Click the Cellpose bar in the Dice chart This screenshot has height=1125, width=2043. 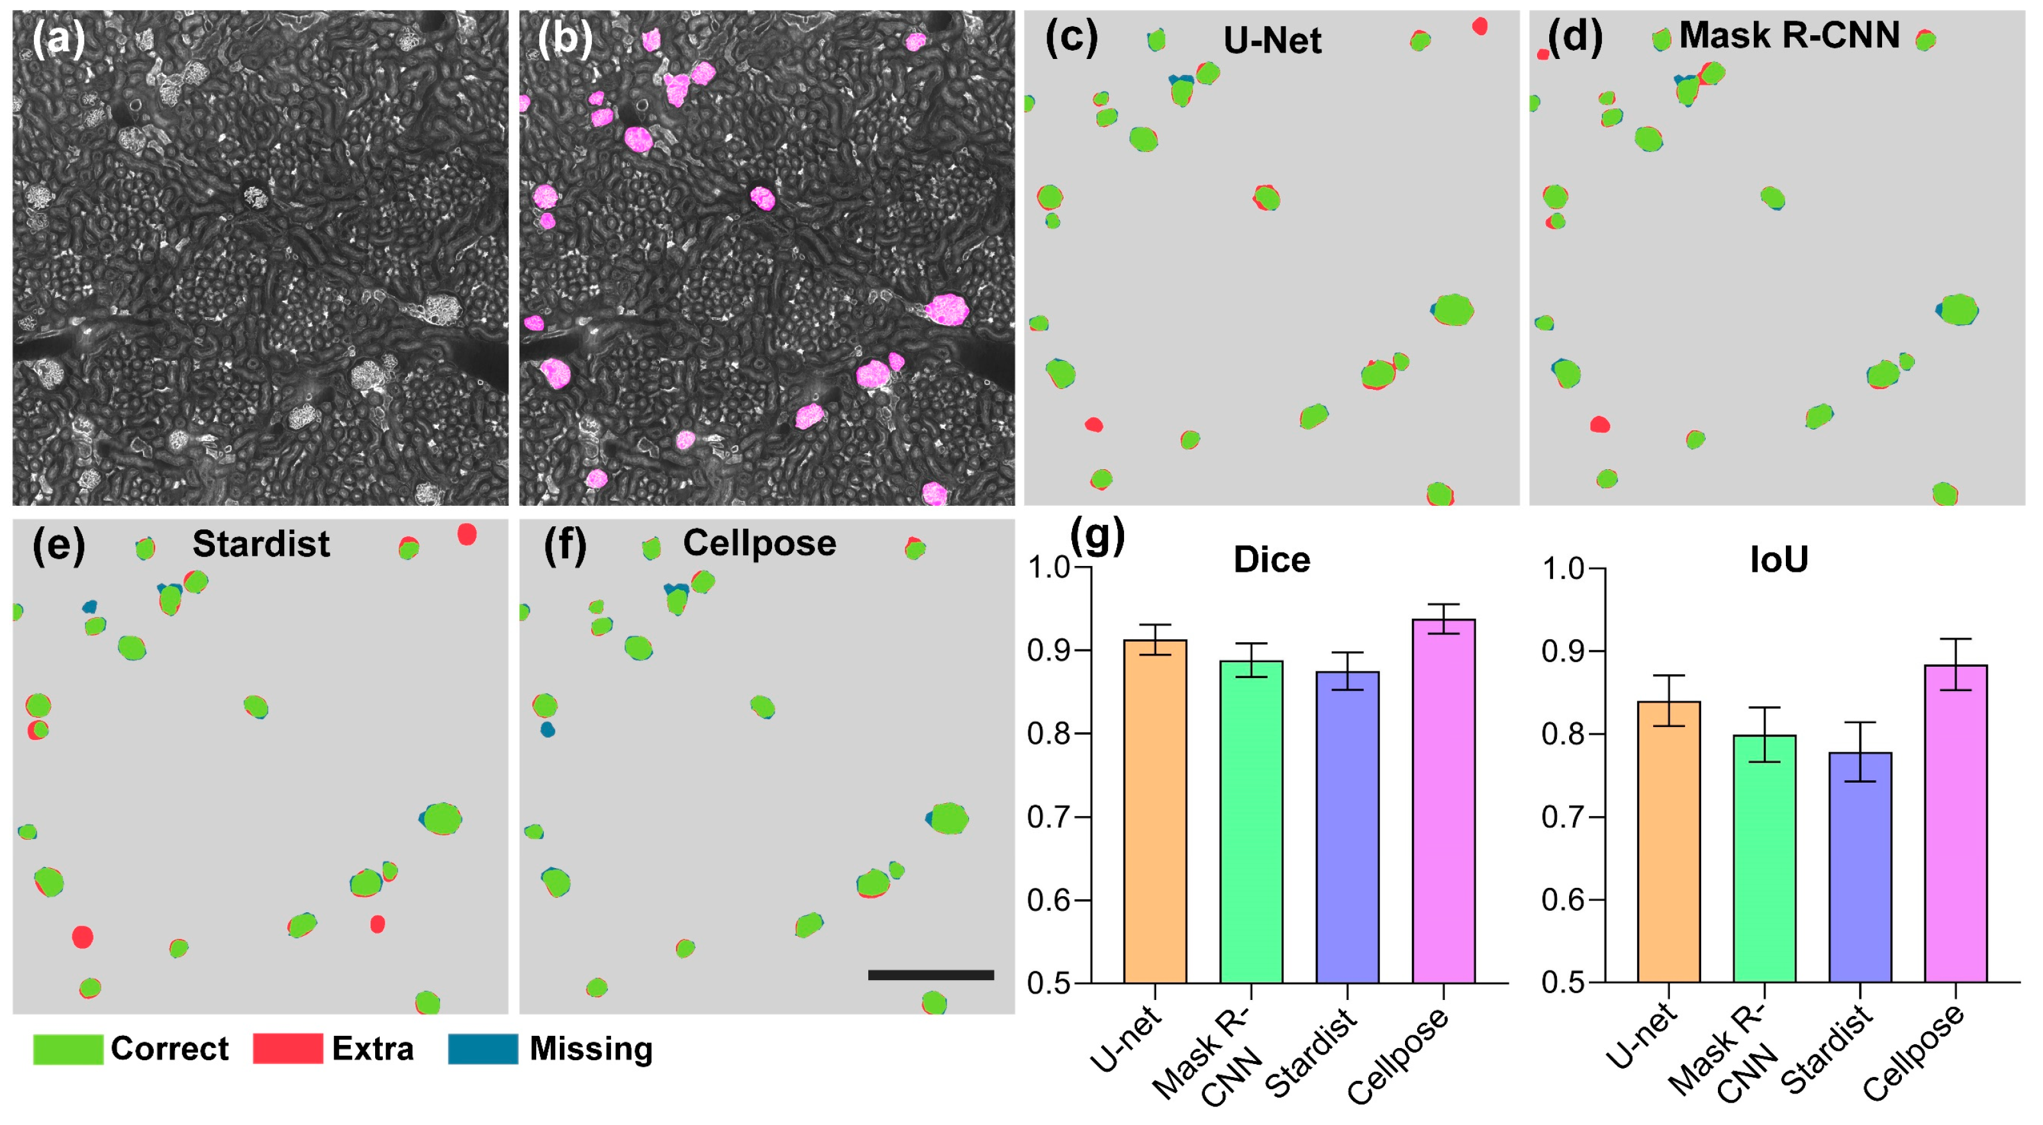1443,801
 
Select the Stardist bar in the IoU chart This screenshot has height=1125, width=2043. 1860,867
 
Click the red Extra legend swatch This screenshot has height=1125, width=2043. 287,1048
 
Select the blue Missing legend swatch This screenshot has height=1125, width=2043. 482,1048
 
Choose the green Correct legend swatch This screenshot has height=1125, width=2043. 68,1048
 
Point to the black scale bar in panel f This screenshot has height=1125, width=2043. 930,974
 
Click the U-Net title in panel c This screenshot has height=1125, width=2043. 1272,40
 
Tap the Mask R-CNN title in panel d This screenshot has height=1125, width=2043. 1788,36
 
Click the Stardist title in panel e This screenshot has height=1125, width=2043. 261,544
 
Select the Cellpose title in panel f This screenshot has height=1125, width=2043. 759,543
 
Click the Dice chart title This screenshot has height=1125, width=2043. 1272,560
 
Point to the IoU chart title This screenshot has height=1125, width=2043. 1779,560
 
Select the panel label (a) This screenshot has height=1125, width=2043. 58,38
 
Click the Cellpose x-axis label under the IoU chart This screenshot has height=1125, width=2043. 1913,1053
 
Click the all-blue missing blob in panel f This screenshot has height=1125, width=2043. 547,729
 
